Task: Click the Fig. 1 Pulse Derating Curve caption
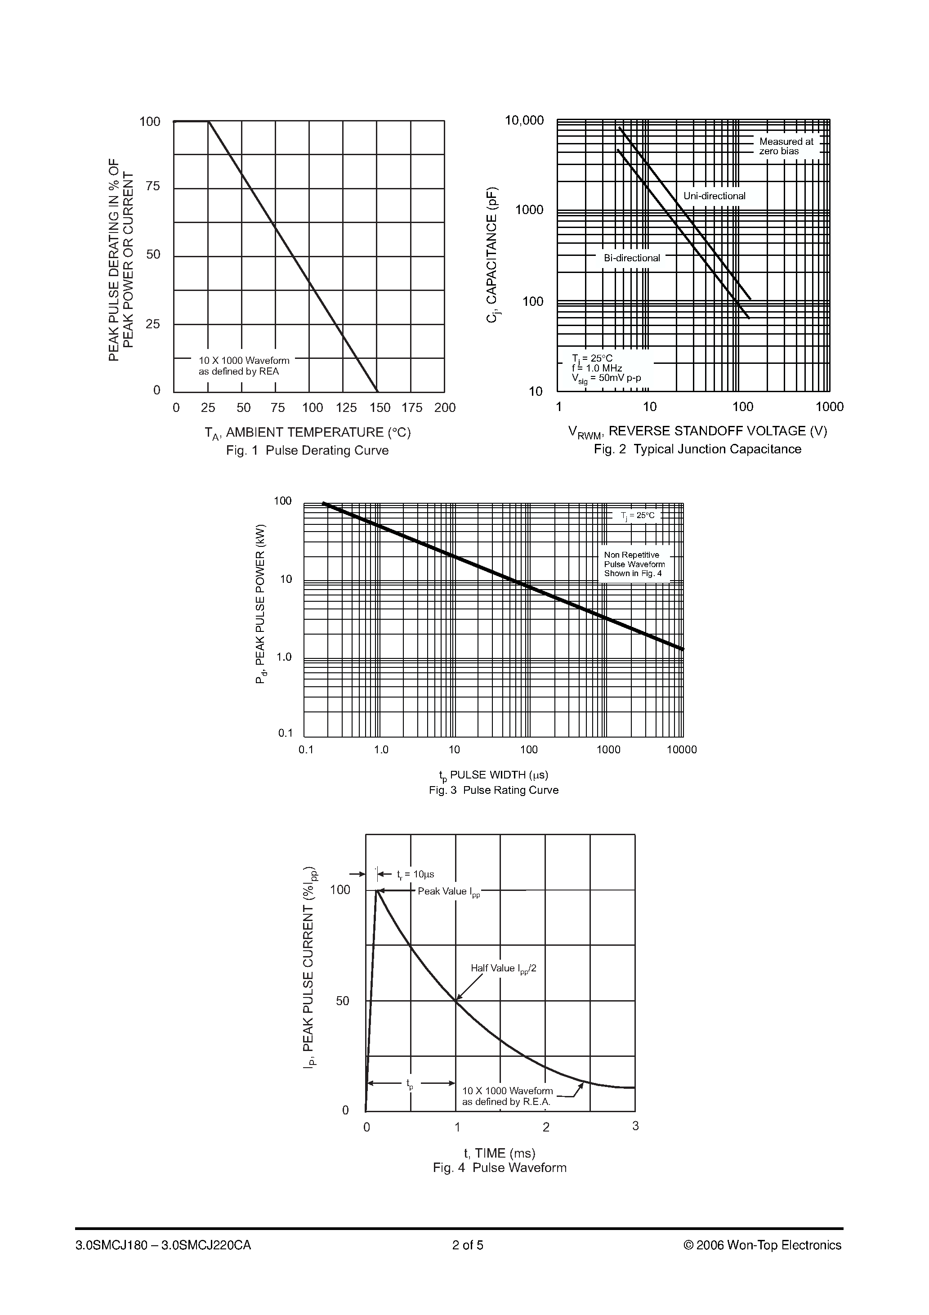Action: tap(307, 451)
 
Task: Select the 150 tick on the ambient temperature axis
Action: tap(380, 408)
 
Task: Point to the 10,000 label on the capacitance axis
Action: tap(524, 120)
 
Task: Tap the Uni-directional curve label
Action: tap(714, 196)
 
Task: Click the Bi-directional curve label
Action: tap(632, 258)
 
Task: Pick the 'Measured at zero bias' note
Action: tap(786, 146)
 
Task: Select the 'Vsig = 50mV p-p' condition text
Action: tap(606, 379)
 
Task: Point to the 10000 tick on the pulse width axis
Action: tap(682, 750)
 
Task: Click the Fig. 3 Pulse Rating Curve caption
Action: tap(493, 790)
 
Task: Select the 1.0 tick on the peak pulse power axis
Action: tap(284, 657)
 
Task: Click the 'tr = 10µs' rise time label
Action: tap(415, 875)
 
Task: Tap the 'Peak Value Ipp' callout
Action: tap(448, 892)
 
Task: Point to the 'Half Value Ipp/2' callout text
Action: tap(504, 969)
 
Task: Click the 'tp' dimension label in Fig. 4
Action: tap(410, 1083)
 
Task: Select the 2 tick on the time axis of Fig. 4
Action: tap(546, 1127)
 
